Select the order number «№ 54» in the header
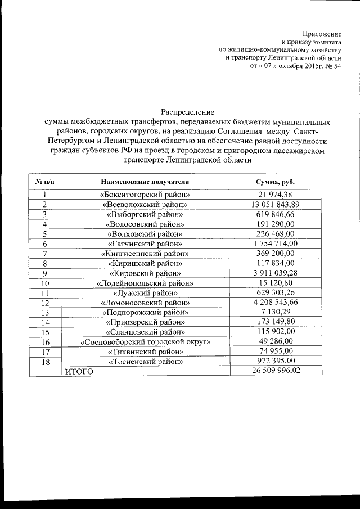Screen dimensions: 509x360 [332, 66]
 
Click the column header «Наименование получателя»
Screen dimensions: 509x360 [145, 182]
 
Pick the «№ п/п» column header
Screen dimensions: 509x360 [44, 182]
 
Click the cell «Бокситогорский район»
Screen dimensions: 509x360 [145, 195]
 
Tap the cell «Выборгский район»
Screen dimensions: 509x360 [145, 214]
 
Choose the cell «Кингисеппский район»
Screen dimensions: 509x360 [145, 254]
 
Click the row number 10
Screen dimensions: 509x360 [44, 283]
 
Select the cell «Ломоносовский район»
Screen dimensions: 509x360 [145, 303]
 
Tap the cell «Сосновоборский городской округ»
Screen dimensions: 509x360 [145, 342]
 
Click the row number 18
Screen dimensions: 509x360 [44, 362]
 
